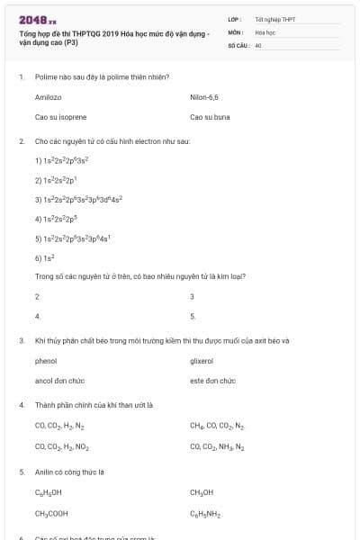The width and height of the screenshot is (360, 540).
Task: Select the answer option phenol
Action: [x=46, y=360]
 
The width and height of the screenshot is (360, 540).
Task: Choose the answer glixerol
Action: [x=202, y=360]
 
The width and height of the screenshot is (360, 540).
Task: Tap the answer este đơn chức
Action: [x=212, y=381]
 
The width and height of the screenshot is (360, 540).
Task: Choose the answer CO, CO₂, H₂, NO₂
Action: [x=61, y=445]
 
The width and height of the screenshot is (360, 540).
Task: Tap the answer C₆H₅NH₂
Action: [x=205, y=514]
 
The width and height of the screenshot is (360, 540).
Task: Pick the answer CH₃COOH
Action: [x=51, y=514]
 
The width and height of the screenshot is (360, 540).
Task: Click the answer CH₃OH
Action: [x=202, y=492]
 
